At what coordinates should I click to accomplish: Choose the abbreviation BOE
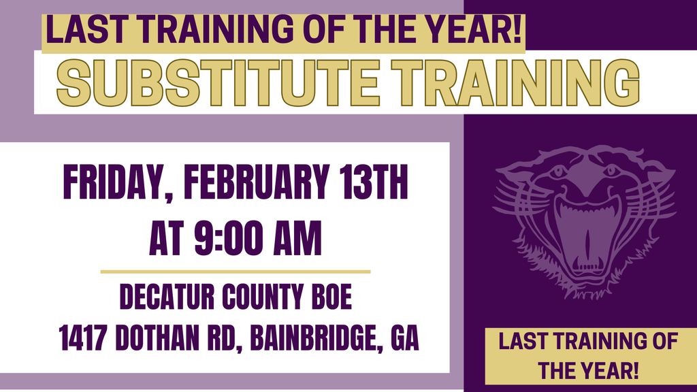pos(331,297)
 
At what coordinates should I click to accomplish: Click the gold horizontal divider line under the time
pos(236,272)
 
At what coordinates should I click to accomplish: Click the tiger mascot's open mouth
pos(585,231)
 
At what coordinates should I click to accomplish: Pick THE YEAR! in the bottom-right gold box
pos(589,372)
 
